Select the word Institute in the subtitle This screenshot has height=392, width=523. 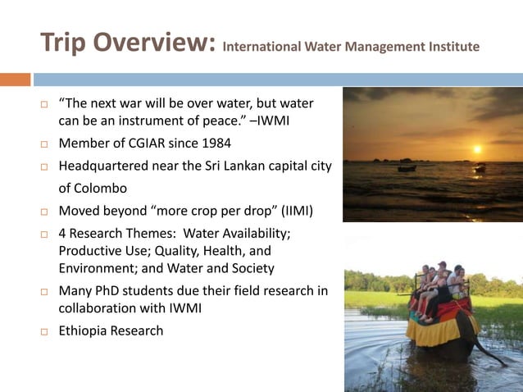pos(448,47)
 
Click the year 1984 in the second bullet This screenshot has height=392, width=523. pos(214,144)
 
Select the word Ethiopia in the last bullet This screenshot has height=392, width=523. pos(84,331)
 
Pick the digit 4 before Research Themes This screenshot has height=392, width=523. pos(63,233)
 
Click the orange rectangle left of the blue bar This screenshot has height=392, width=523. pos(15,80)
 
